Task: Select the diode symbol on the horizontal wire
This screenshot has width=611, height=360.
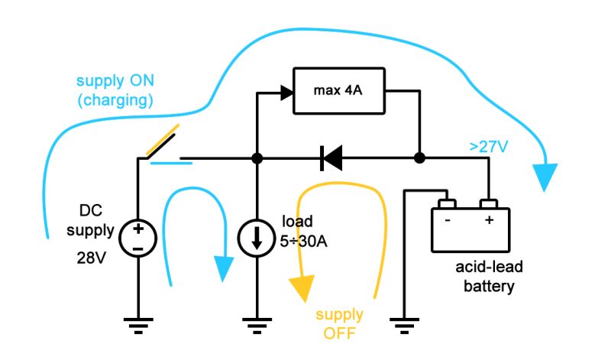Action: tap(331, 159)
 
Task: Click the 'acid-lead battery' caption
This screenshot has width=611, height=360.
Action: tap(484, 276)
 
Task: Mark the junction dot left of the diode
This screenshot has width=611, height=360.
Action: tap(257, 159)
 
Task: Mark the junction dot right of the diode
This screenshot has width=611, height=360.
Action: tap(419, 159)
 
